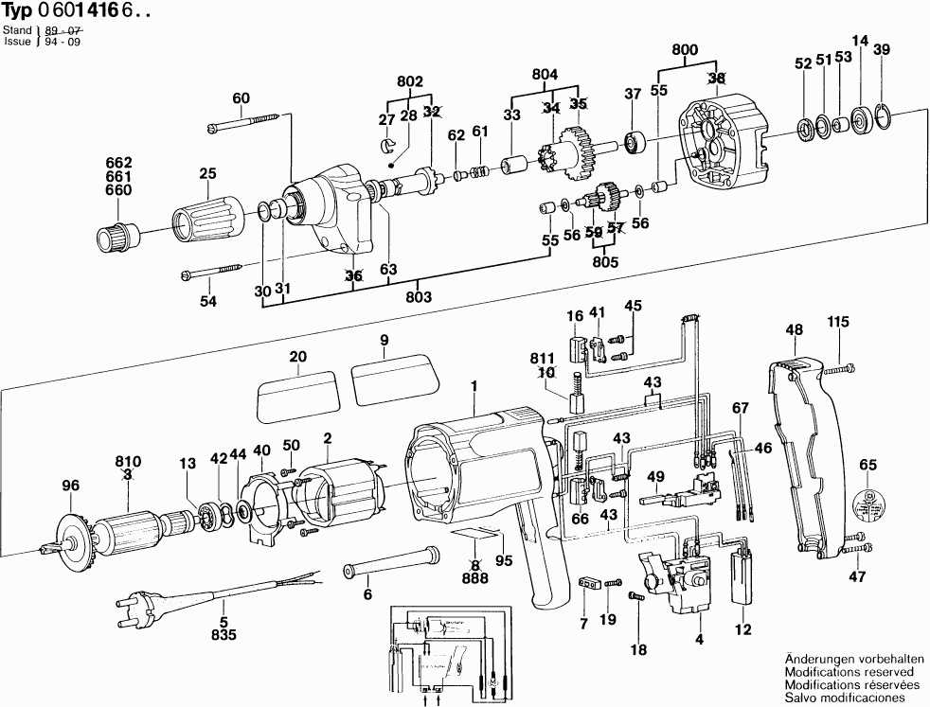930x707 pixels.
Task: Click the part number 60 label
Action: coord(241,97)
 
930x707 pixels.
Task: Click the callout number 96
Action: coord(68,486)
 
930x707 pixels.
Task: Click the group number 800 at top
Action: coord(685,50)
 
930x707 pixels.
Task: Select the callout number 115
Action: coord(838,323)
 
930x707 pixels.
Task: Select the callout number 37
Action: coord(633,93)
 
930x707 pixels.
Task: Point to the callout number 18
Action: coord(638,650)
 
